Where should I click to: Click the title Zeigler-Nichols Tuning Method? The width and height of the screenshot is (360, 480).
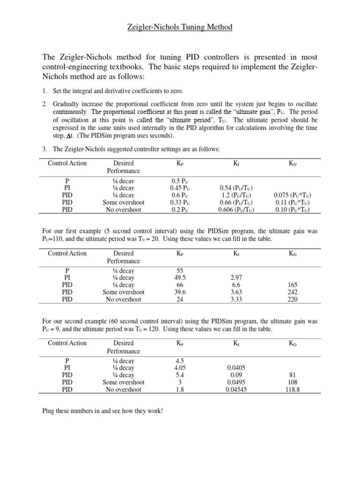(x=180, y=27)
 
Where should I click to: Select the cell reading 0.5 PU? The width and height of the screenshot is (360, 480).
(x=180, y=180)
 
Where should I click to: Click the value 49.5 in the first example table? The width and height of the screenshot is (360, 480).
(x=180, y=277)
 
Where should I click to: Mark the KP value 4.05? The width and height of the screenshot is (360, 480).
(x=180, y=368)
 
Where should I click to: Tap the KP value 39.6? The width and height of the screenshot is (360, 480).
(x=180, y=292)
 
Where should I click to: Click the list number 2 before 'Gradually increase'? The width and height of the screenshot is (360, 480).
(x=45, y=105)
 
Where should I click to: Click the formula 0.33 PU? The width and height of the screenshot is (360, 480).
(x=180, y=202)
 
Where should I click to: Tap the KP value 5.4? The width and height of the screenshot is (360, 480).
(x=180, y=375)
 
